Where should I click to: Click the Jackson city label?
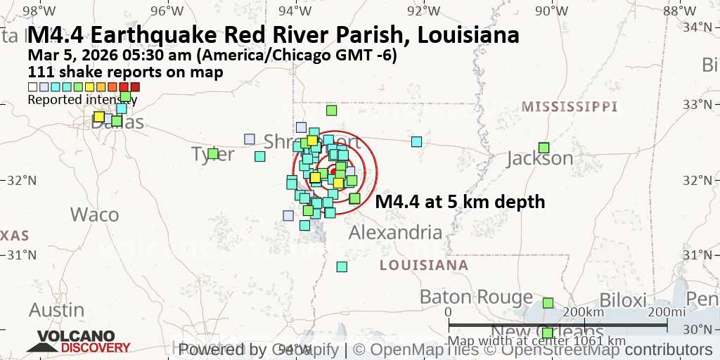540,159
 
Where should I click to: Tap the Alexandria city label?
395,233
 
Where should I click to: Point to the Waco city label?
94,214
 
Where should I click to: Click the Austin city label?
56,309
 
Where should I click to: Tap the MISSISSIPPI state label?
570,107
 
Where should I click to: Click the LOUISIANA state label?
423,265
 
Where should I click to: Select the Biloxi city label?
622,300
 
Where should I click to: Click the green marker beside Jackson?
544,148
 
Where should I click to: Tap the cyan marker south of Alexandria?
342,266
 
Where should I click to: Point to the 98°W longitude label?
39,10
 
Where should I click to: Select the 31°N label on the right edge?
705,255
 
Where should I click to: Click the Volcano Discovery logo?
78,342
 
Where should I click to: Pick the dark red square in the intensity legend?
135,87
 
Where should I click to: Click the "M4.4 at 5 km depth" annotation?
460,202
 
